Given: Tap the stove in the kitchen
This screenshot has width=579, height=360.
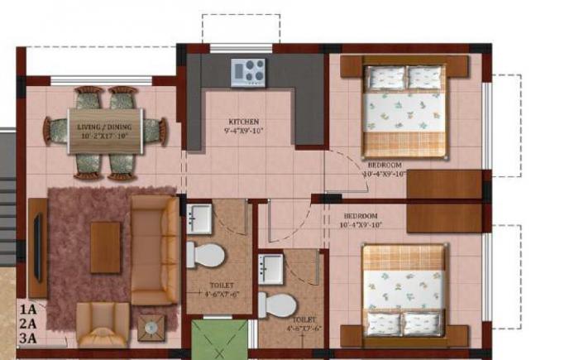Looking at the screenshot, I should [x=248, y=71].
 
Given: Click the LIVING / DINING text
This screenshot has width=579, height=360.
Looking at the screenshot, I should [x=106, y=127].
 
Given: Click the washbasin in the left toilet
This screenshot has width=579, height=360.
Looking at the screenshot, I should [x=200, y=218].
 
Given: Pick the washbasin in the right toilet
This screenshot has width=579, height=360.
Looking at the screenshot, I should [x=271, y=268].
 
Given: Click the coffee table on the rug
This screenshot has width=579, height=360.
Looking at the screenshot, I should [x=105, y=247].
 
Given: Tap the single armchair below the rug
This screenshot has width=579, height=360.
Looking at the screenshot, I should [x=103, y=324].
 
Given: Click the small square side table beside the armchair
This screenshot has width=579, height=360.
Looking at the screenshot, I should [x=151, y=328].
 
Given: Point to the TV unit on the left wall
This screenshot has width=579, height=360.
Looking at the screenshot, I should [x=38, y=240].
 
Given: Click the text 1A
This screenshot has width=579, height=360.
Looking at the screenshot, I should [x=28, y=310].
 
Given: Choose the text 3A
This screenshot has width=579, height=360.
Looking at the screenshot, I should [x=28, y=338].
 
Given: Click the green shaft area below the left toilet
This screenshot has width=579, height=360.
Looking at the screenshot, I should [x=219, y=339].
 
